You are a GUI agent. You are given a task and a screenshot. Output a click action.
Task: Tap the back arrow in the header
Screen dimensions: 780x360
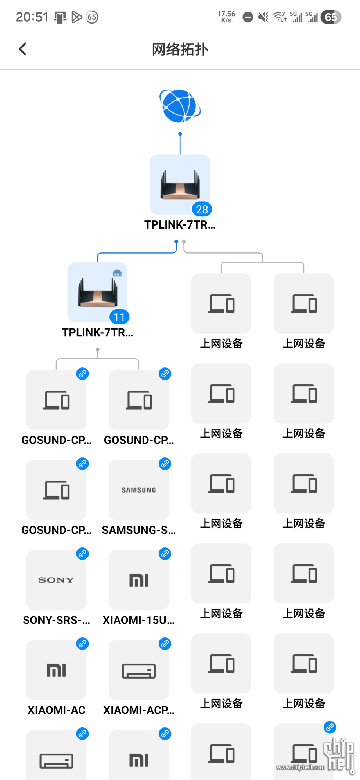pos(23,49)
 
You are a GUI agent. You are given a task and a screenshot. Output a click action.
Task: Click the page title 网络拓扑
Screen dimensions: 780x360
pos(180,49)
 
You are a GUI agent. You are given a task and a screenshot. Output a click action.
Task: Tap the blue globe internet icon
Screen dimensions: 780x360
pos(180,106)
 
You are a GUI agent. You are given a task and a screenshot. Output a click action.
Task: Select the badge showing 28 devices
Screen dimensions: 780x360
pos(202,209)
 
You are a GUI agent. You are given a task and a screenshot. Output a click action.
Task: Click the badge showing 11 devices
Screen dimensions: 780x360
pos(119,317)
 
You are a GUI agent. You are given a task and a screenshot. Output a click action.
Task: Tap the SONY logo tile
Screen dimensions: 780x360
pos(56,580)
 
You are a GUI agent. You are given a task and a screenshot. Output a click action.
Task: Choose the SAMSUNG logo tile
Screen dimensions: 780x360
pos(139,490)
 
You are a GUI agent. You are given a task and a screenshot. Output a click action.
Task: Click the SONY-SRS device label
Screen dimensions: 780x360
pos(56,620)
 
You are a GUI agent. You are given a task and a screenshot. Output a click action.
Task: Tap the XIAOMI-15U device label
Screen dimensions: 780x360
pos(139,620)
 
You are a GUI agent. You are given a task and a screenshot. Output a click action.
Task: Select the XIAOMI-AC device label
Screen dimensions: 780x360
pos(56,710)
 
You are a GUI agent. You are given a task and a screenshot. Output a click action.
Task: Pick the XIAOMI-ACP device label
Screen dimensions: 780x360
pos(139,710)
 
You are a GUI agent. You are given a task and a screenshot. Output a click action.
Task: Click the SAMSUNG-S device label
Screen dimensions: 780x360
pos(139,530)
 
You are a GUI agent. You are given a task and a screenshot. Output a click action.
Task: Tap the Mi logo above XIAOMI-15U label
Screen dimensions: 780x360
pos(139,580)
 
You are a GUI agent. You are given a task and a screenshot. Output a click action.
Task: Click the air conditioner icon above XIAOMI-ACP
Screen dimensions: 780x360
pos(139,671)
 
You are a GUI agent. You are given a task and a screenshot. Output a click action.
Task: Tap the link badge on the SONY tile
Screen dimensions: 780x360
pos(83,554)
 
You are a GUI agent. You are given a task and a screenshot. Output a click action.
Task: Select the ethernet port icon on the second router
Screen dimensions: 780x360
pos(117,273)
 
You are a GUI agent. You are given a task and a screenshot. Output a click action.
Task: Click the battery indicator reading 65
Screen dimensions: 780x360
pos(331,17)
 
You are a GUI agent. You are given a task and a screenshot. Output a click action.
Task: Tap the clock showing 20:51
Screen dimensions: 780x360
pos(32,17)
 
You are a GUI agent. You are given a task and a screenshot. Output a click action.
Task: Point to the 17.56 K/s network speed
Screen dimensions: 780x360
pos(226,17)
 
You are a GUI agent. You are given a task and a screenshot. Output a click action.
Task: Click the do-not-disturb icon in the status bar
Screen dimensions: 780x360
pos(248,17)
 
